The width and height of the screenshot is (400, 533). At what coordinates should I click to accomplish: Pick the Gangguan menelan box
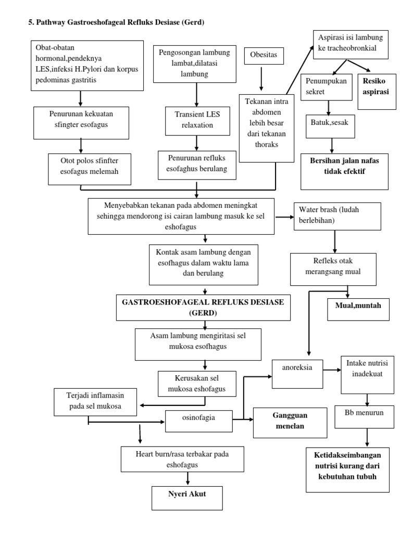click(290, 422)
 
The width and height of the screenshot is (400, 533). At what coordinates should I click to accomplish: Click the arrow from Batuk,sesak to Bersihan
click(330, 143)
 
